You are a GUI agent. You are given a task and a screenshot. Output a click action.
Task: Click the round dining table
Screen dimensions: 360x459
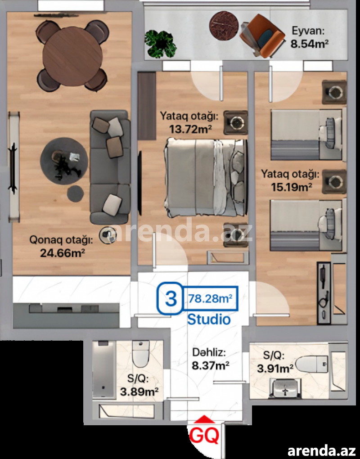click(x=72, y=57)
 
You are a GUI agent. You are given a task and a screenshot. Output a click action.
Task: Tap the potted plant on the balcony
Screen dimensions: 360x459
click(x=160, y=44)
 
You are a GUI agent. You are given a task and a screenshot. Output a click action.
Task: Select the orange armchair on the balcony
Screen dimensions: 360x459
click(x=262, y=36)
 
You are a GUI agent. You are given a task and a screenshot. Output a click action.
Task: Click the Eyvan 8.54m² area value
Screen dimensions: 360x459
click(x=309, y=44)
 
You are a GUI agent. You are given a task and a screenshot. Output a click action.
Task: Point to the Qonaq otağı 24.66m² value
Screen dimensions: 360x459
click(x=63, y=253)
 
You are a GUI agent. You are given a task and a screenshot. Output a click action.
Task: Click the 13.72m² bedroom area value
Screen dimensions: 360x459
click(x=190, y=129)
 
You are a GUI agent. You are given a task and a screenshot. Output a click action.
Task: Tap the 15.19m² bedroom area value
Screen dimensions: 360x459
click(x=291, y=187)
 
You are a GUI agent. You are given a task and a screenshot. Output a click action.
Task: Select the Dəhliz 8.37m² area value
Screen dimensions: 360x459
click(x=211, y=365)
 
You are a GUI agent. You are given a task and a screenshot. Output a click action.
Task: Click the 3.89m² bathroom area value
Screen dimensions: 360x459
click(x=139, y=391)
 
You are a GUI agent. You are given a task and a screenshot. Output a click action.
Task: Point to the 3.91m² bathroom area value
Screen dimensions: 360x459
click(x=275, y=368)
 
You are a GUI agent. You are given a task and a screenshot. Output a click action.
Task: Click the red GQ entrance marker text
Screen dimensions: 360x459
click(x=204, y=435)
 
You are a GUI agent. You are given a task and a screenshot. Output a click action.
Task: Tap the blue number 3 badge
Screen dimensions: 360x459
click(x=171, y=298)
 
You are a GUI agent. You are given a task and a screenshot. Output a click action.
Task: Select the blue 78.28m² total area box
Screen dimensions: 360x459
click(x=210, y=298)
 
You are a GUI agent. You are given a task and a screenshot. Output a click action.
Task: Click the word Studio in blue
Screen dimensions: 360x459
click(x=209, y=319)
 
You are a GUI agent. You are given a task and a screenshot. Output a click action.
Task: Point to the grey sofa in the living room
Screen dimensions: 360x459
click(x=110, y=167)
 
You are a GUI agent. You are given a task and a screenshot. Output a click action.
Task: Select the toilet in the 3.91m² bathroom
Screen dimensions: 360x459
click(x=312, y=364)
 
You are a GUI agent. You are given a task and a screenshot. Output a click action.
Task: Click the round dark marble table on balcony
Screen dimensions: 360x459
click(x=224, y=26)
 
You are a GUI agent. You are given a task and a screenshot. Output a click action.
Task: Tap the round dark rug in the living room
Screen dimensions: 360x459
click(x=64, y=161)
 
